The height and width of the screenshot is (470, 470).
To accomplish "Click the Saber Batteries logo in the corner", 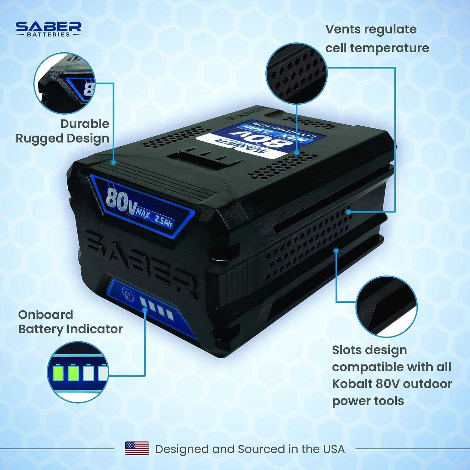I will pyautogui.click(x=49, y=29).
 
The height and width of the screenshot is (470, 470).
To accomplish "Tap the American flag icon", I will pyautogui.click(x=137, y=448).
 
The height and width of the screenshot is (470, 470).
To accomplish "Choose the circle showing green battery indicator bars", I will pyautogui.click(x=78, y=372).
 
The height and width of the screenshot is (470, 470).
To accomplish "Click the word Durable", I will pyautogui.click(x=85, y=123).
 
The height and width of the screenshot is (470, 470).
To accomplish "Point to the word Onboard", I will pyautogui.click(x=45, y=314).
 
